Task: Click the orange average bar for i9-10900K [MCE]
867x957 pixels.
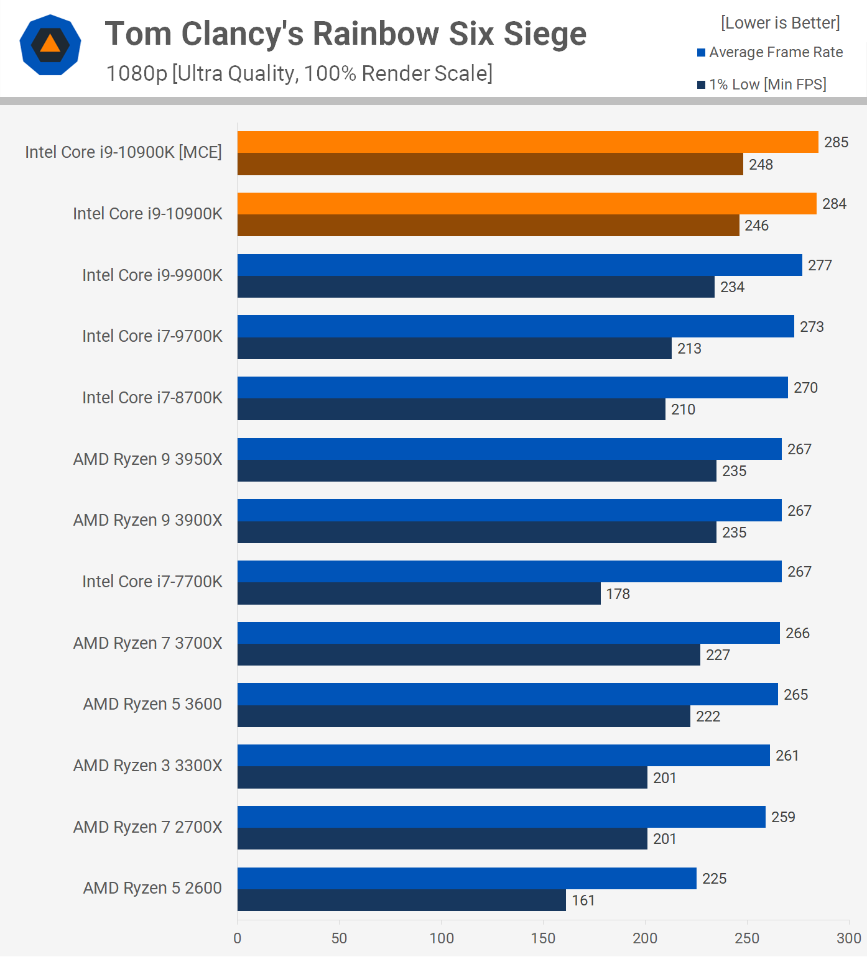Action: pyautogui.click(x=527, y=142)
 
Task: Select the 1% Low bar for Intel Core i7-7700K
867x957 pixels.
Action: pyautogui.click(x=419, y=593)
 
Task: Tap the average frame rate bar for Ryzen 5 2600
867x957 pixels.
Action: pyautogui.click(x=466, y=878)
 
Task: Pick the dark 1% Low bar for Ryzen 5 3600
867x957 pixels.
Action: pyautogui.click(x=463, y=716)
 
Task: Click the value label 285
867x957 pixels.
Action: pyautogui.click(x=836, y=142)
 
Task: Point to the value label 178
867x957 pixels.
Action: pyautogui.click(x=618, y=594)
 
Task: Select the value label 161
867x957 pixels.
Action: pyautogui.click(x=583, y=900)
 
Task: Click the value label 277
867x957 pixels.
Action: pyautogui.click(x=819, y=265)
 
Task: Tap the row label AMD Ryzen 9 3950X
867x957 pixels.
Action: pyautogui.click(x=147, y=459)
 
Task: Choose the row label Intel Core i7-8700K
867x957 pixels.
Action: pyautogui.click(x=152, y=398)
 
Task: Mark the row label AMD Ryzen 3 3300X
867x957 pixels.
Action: pyautogui.click(x=147, y=766)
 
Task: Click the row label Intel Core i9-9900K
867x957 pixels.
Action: pyautogui.click(x=152, y=275)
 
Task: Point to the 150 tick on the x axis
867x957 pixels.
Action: pyautogui.click(x=543, y=938)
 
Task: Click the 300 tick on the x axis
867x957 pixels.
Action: pyautogui.click(x=848, y=938)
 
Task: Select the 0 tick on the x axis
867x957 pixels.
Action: pyautogui.click(x=237, y=938)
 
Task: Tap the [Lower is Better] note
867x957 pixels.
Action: pyautogui.click(x=780, y=23)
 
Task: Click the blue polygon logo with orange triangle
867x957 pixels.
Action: pyautogui.click(x=50, y=45)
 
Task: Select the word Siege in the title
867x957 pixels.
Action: pyautogui.click(x=545, y=34)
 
